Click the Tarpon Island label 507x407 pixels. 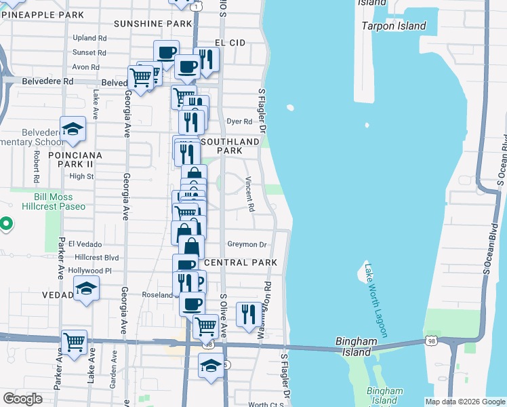point(393,26)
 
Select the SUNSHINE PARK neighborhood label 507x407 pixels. point(153,24)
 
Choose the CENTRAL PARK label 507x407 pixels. point(241,263)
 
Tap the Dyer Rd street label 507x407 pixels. point(239,122)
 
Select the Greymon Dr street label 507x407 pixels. point(247,244)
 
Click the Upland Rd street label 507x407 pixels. point(90,39)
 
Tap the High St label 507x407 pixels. point(81,176)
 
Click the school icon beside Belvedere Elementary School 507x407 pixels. point(73,129)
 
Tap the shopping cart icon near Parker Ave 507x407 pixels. point(74,341)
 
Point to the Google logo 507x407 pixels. point(22,399)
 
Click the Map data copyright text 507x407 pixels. point(465,402)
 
